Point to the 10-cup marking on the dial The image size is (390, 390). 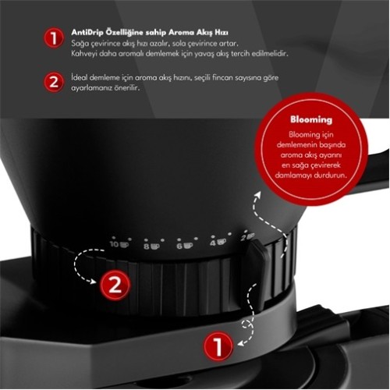pos(119,244)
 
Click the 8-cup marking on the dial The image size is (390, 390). pos(151,246)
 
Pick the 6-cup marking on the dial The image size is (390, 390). pos(183,246)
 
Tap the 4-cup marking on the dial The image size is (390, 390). pos(216,243)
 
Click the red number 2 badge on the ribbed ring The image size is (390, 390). pos(114,285)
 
